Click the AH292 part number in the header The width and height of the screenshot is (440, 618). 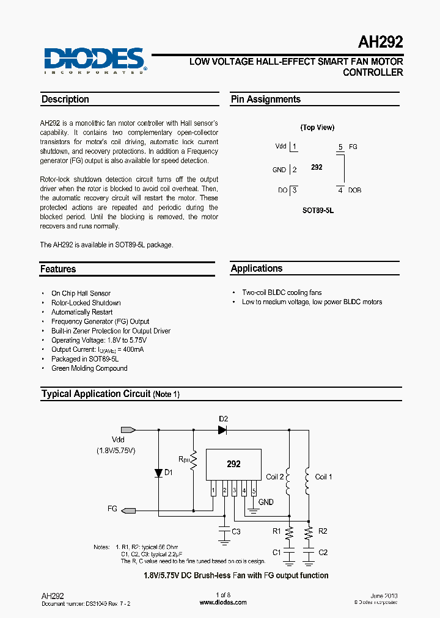[380, 43]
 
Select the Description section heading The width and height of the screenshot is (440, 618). [65, 100]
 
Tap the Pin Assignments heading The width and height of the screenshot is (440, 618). [265, 100]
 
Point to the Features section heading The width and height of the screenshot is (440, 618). [58, 269]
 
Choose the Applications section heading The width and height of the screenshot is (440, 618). [257, 269]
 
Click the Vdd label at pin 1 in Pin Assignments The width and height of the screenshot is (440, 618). [280, 147]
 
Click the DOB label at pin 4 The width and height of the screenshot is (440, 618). [354, 191]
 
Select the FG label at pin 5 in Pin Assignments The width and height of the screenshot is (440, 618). [353, 147]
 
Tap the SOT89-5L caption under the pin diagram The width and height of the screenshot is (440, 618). [318, 210]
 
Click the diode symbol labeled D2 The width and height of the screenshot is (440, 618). [222, 430]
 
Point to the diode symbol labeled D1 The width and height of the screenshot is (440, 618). [158, 473]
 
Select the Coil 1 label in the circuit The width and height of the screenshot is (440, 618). [324, 477]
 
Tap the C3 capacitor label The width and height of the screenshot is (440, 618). [236, 532]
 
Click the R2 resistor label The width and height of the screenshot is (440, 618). [323, 531]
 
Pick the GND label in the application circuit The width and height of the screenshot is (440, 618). [266, 502]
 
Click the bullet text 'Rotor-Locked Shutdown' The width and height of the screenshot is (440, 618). [86, 303]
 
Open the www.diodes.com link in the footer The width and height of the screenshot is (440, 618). [223, 602]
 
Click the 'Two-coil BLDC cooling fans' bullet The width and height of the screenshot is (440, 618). [282, 293]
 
